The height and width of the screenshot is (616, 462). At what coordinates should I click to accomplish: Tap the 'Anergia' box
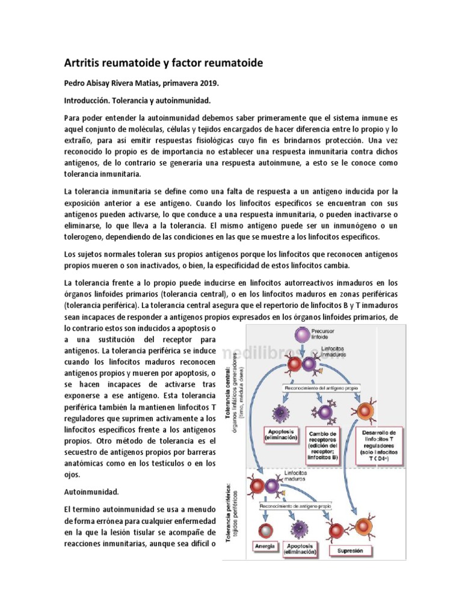(265, 546)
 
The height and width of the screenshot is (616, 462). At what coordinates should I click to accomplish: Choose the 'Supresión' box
(350, 550)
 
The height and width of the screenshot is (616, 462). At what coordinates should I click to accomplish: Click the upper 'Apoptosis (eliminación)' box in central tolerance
(280, 434)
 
